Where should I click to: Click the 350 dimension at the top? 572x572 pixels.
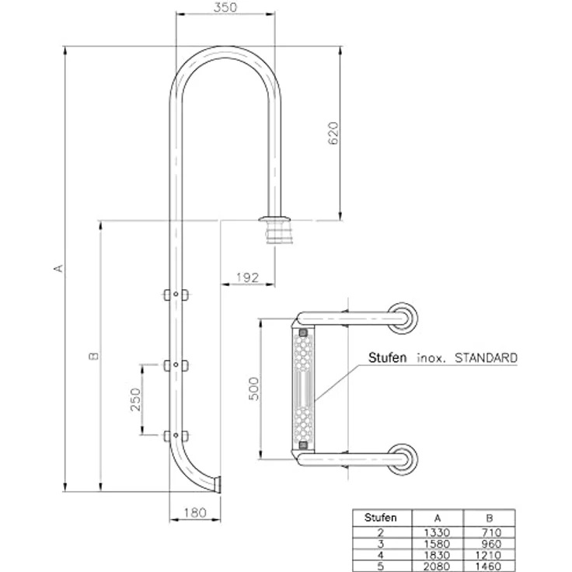tap(225, 7)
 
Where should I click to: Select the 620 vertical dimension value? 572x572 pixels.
tap(333, 134)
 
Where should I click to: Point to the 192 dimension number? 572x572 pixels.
tap(248, 278)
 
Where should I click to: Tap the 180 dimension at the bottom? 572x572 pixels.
tap(195, 513)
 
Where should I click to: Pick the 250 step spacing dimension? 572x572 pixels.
tap(135, 399)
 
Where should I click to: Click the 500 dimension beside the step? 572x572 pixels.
tap(253, 389)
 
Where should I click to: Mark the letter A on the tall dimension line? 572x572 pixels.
tap(58, 268)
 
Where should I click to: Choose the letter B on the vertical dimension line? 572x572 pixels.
tap(94, 356)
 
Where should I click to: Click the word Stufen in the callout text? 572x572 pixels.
tap(387, 357)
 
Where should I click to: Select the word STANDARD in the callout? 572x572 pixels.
tap(486, 357)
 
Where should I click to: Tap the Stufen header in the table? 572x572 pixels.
tap(381, 518)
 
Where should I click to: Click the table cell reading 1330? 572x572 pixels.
tap(437, 532)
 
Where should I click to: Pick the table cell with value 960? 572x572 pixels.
tap(491, 544)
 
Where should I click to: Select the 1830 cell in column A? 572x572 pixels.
tap(437, 555)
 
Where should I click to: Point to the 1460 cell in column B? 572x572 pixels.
tap(488, 567)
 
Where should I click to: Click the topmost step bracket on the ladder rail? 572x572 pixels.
tap(176, 295)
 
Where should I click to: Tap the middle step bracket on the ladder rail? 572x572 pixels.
tap(176, 365)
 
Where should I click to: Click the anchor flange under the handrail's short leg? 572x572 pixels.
tap(275, 230)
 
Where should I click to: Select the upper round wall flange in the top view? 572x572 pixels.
tap(403, 318)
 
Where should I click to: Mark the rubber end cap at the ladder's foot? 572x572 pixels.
tap(218, 485)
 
